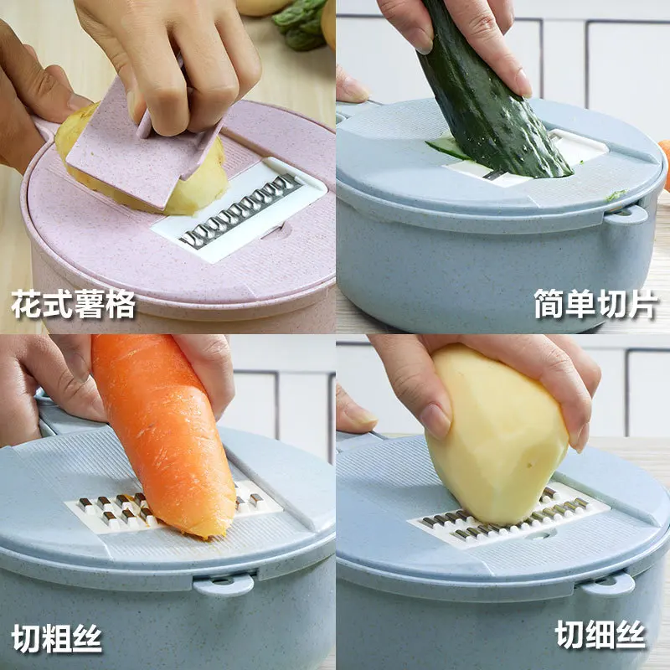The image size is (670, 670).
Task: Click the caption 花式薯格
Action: point(73,304)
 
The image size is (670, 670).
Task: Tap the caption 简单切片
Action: point(595,304)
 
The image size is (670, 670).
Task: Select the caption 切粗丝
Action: point(57,638)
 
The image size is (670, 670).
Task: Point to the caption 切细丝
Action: point(600,635)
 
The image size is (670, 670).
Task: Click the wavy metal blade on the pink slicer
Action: point(240,212)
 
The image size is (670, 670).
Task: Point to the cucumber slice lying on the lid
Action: point(446,148)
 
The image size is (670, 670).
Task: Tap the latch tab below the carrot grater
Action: point(223,584)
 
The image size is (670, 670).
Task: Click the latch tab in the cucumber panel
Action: point(626,214)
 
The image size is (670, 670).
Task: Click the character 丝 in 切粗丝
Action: point(88,638)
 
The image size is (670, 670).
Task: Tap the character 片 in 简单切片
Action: point(643,304)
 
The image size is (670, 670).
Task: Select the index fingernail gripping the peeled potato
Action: point(434,421)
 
